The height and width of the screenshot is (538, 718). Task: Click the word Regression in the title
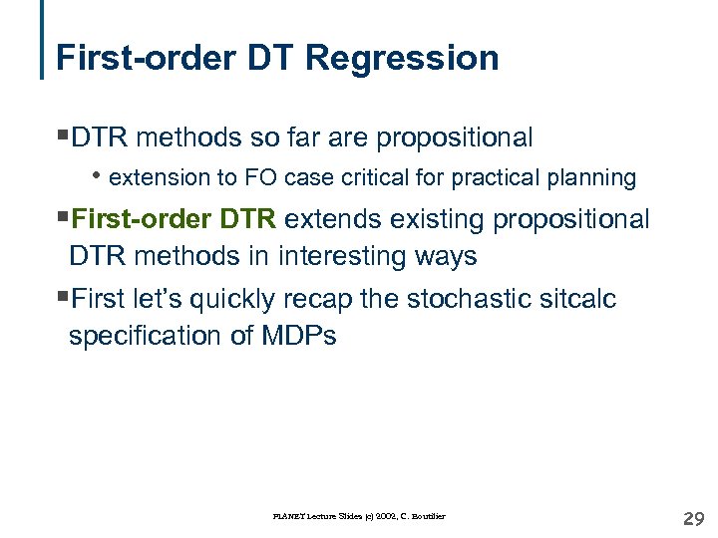pyautogui.click(x=403, y=58)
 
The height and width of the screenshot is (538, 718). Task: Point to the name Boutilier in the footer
pyautogui.click(x=425, y=516)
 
